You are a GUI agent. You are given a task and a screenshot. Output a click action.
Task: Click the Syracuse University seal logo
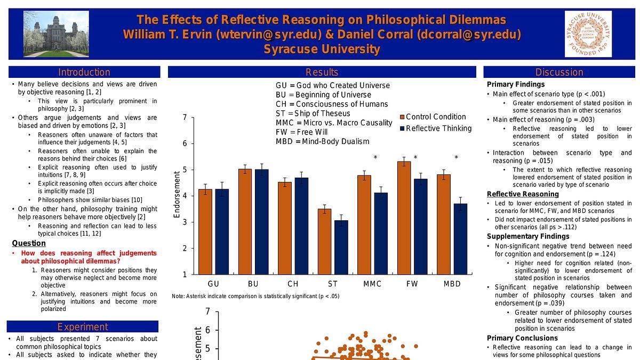588,34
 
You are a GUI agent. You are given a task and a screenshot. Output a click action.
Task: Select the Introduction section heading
84,72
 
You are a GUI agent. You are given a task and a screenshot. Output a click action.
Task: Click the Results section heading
322,72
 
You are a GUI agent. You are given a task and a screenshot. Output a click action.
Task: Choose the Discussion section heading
559,72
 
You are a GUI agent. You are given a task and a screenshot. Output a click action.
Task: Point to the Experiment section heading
83,327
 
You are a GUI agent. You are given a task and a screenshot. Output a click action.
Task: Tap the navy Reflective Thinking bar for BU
261,222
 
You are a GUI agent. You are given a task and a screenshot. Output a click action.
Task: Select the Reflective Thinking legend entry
435,128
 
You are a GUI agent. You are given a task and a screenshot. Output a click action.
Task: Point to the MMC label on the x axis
372,284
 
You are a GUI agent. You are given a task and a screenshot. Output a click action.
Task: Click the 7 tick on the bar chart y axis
185,117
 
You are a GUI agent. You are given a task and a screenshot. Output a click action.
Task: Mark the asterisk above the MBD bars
456,158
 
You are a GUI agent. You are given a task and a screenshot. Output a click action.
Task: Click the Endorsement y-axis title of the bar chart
177,194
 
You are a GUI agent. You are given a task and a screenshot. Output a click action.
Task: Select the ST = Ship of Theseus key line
313,113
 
